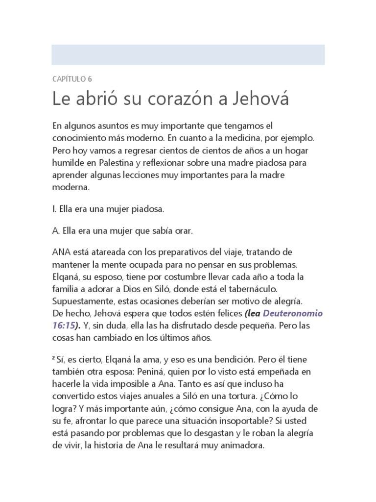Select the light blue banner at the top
[188, 54]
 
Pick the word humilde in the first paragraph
[68, 162]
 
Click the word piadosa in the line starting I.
[148, 209]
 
